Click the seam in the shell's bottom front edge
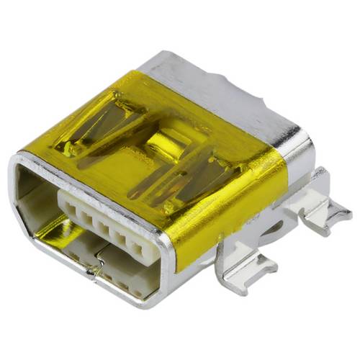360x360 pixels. pyautogui.click(x=95, y=272)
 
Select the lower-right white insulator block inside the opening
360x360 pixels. pyautogui.click(x=130, y=277)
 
